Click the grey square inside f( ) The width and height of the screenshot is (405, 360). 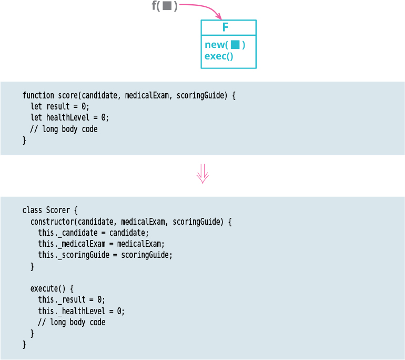(x=167, y=6)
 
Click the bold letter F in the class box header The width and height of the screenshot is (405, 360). (x=225, y=27)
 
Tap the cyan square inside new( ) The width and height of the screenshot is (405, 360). (x=235, y=45)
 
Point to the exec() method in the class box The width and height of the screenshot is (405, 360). (x=219, y=56)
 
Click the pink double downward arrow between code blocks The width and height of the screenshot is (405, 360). (x=202, y=174)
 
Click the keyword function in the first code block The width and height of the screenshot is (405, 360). (x=38, y=95)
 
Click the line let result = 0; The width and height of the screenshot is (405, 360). (x=60, y=106)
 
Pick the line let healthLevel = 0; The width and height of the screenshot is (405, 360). (x=69, y=117)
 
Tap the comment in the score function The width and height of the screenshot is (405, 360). (x=64, y=129)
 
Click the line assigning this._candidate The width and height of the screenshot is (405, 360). (x=94, y=233)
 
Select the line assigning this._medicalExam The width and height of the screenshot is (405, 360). (x=102, y=244)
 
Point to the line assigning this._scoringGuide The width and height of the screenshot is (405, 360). (x=105, y=255)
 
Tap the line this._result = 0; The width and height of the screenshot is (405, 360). (x=72, y=299)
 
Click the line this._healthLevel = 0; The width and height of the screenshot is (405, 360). (x=82, y=311)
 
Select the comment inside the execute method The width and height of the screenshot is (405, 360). (x=72, y=322)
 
